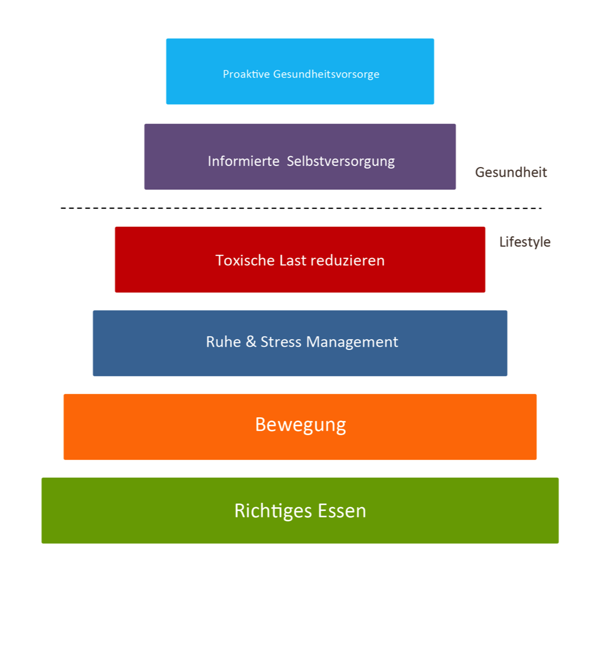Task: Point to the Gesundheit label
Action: [x=511, y=173]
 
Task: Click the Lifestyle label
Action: [x=524, y=242]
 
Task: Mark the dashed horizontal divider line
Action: [x=301, y=208]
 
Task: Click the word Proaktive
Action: [x=246, y=74]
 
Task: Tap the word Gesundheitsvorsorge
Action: [x=326, y=74]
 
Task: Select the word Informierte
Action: [x=243, y=161]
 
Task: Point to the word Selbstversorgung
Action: [x=340, y=162]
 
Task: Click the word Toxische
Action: [x=245, y=260]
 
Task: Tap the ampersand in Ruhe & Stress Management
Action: [x=251, y=341]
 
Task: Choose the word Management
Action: [x=352, y=342]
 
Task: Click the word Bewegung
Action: [x=300, y=425]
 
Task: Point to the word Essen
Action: [x=342, y=511]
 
